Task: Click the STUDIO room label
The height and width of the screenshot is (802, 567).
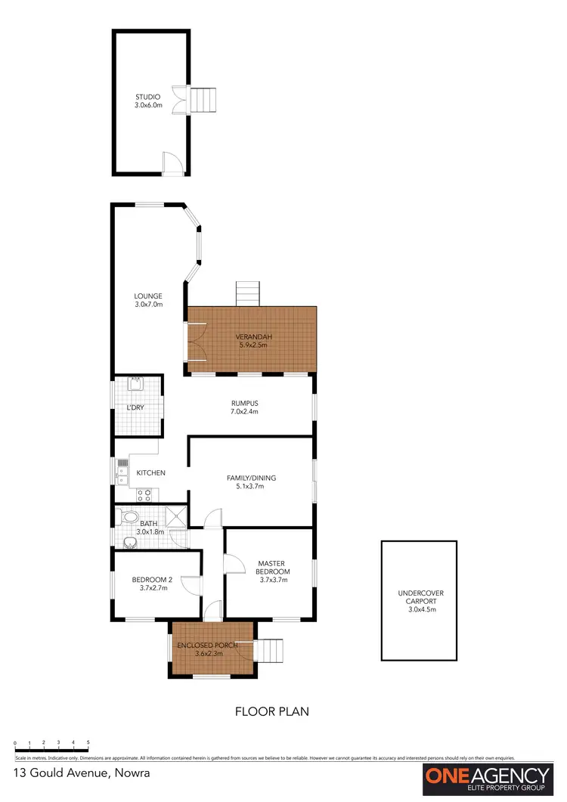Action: [x=148, y=101]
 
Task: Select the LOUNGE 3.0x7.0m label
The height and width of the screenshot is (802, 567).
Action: [x=148, y=300]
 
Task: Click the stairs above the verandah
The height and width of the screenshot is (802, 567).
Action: [x=248, y=293]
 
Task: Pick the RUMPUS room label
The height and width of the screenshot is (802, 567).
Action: [x=245, y=407]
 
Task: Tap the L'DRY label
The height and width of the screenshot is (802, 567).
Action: [x=135, y=408]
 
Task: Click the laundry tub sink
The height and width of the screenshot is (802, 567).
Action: [x=137, y=384]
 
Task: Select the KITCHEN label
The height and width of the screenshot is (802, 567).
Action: [x=150, y=473]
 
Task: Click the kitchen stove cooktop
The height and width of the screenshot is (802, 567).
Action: [x=144, y=495]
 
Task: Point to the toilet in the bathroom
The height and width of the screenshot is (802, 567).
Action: [x=129, y=518]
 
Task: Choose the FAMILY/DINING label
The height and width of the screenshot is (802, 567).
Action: [x=251, y=482]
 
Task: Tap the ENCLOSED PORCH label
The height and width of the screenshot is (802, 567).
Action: [x=206, y=649]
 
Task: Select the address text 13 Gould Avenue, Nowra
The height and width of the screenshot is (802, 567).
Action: [x=82, y=773]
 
